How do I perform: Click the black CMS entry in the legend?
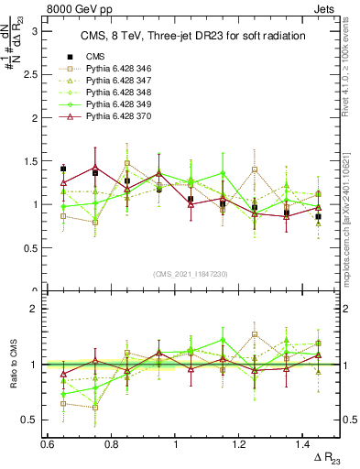tap(96, 57)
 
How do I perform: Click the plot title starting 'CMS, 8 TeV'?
tap(192, 37)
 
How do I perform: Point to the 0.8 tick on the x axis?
tap(111, 443)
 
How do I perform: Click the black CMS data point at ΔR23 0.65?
tap(63, 169)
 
